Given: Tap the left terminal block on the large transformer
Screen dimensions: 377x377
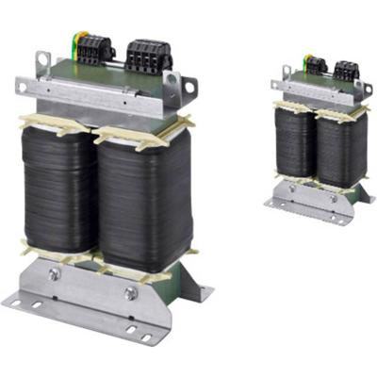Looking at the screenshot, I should (95, 49).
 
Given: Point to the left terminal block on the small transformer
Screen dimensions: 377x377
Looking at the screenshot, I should (316, 65).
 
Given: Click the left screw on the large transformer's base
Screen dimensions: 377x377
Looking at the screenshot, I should (55, 274).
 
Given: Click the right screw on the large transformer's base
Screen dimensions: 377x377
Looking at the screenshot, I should (131, 293).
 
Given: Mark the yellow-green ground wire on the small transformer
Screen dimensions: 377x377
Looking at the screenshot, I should (306, 61).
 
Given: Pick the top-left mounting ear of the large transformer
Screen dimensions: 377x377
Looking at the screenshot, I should (41, 62).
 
